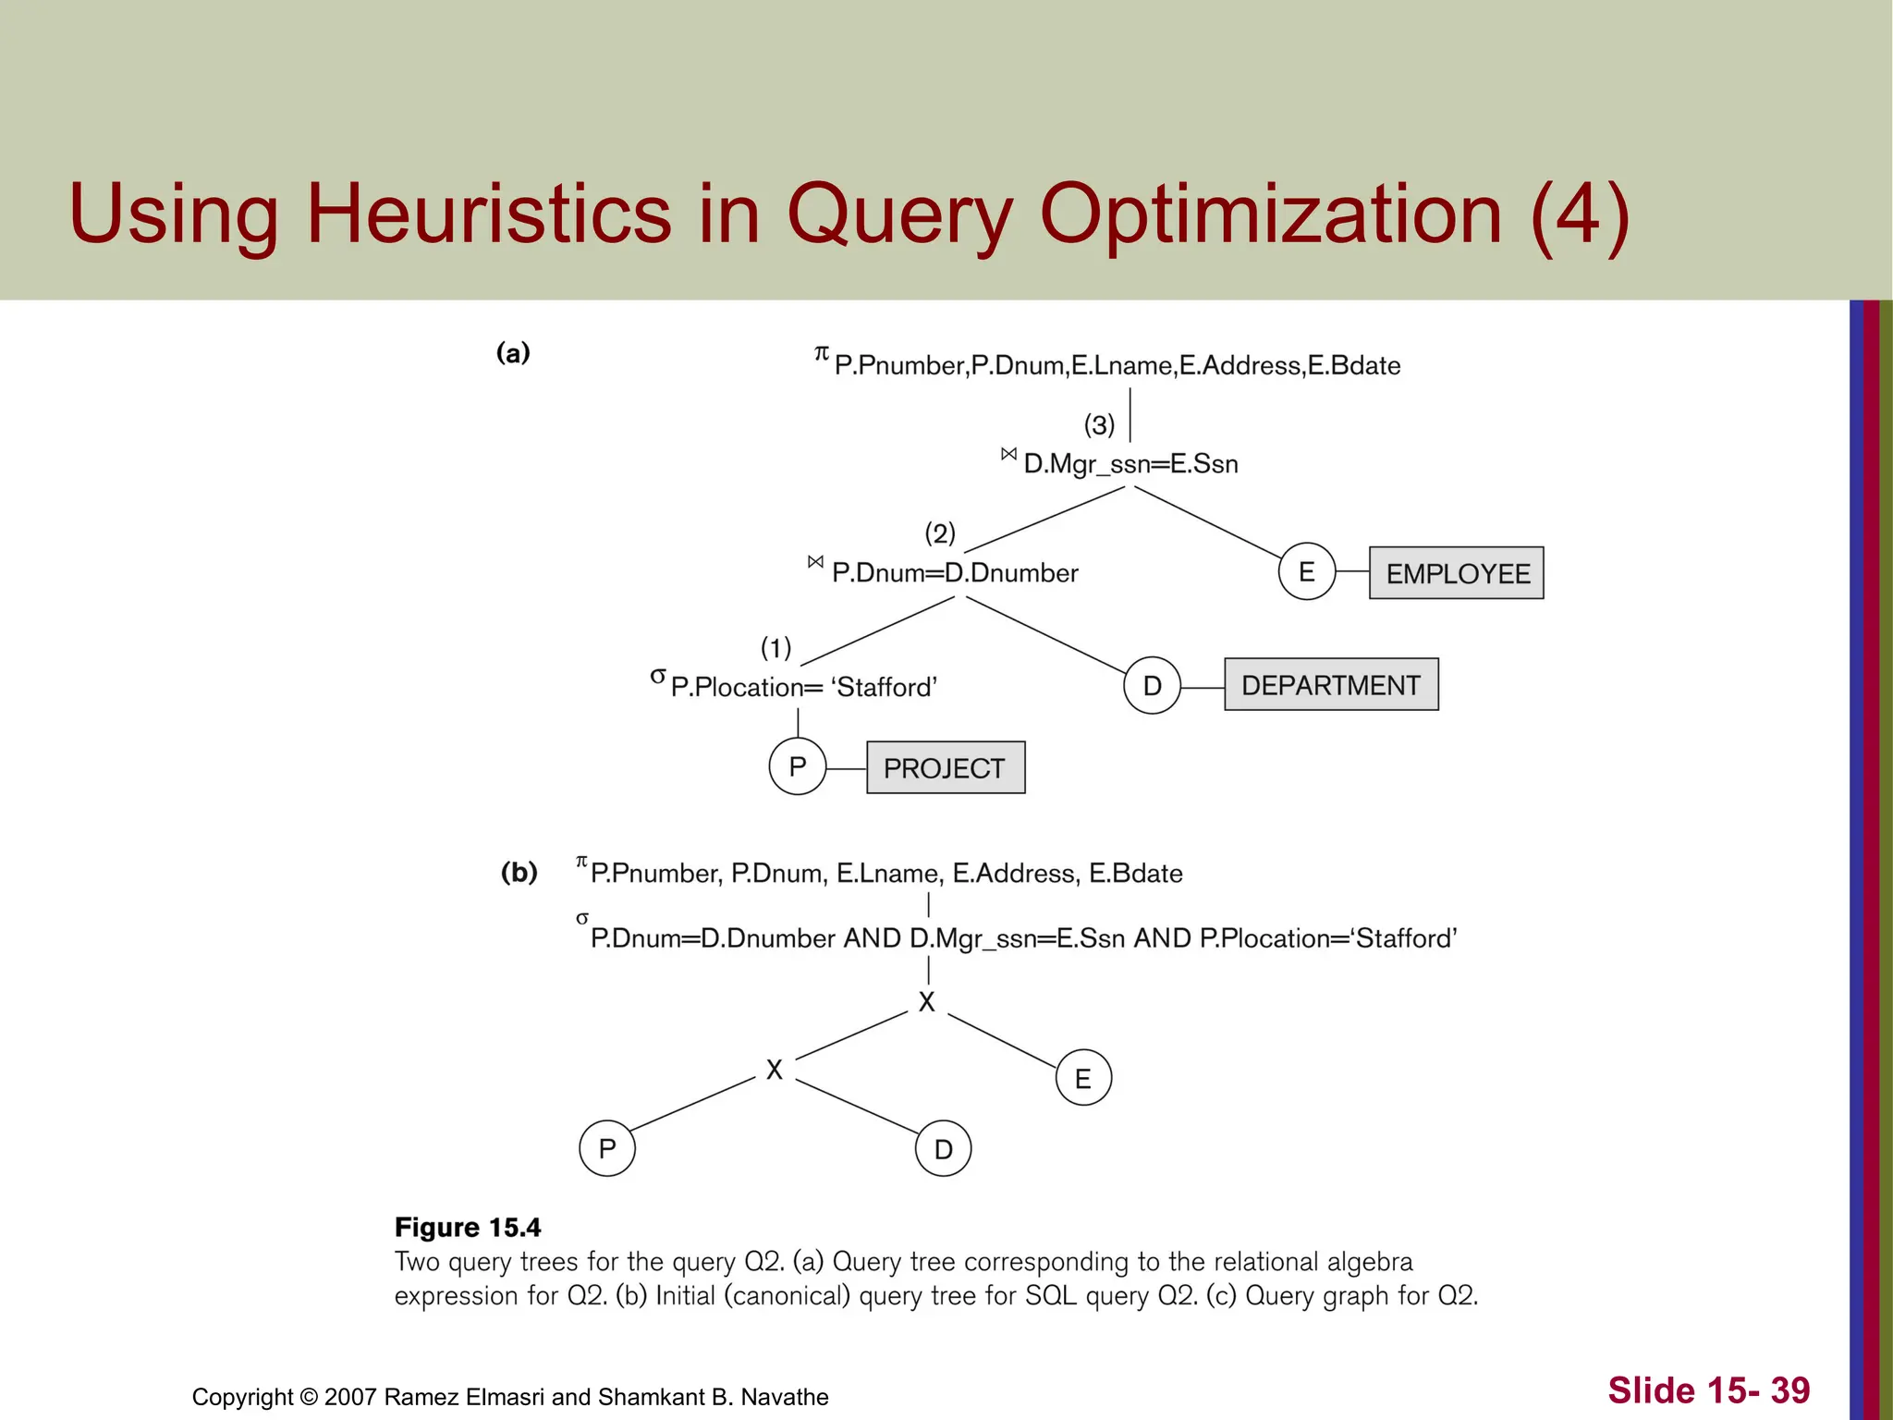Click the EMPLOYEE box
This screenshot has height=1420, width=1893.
[x=1456, y=573]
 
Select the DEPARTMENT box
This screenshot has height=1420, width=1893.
[x=1330, y=685]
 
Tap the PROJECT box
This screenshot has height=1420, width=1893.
[x=945, y=767]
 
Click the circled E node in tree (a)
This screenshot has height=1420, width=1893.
[x=1306, y=572]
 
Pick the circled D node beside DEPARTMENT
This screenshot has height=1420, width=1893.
[x=1152, y=686]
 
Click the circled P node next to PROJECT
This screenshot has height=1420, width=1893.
[x=797, y=766]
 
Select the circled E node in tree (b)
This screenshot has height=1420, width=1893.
[x=1082, y=1078]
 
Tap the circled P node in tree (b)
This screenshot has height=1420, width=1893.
[x=606, y=1148]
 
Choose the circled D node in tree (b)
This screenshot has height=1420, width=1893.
[x=943, y=1149]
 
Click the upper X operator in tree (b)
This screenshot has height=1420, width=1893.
[x=926, y=1002]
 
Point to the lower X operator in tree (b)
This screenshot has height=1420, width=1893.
[x=775, y=1070]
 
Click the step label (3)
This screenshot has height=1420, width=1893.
[x=1099, y=425]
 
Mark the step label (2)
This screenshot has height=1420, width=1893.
[x=940, y=533]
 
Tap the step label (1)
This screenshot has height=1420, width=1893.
[x=776, y=647]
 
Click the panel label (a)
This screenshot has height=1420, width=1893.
[x=513, y=352]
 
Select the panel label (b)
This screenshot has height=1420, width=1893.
[x=519, y=872]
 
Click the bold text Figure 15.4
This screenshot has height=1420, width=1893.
[x=468, y=1227]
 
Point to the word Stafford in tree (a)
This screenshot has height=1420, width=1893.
[x=884, y=687]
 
